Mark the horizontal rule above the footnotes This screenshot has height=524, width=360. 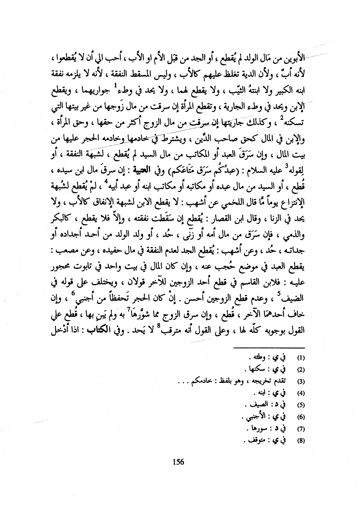(269, 348)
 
